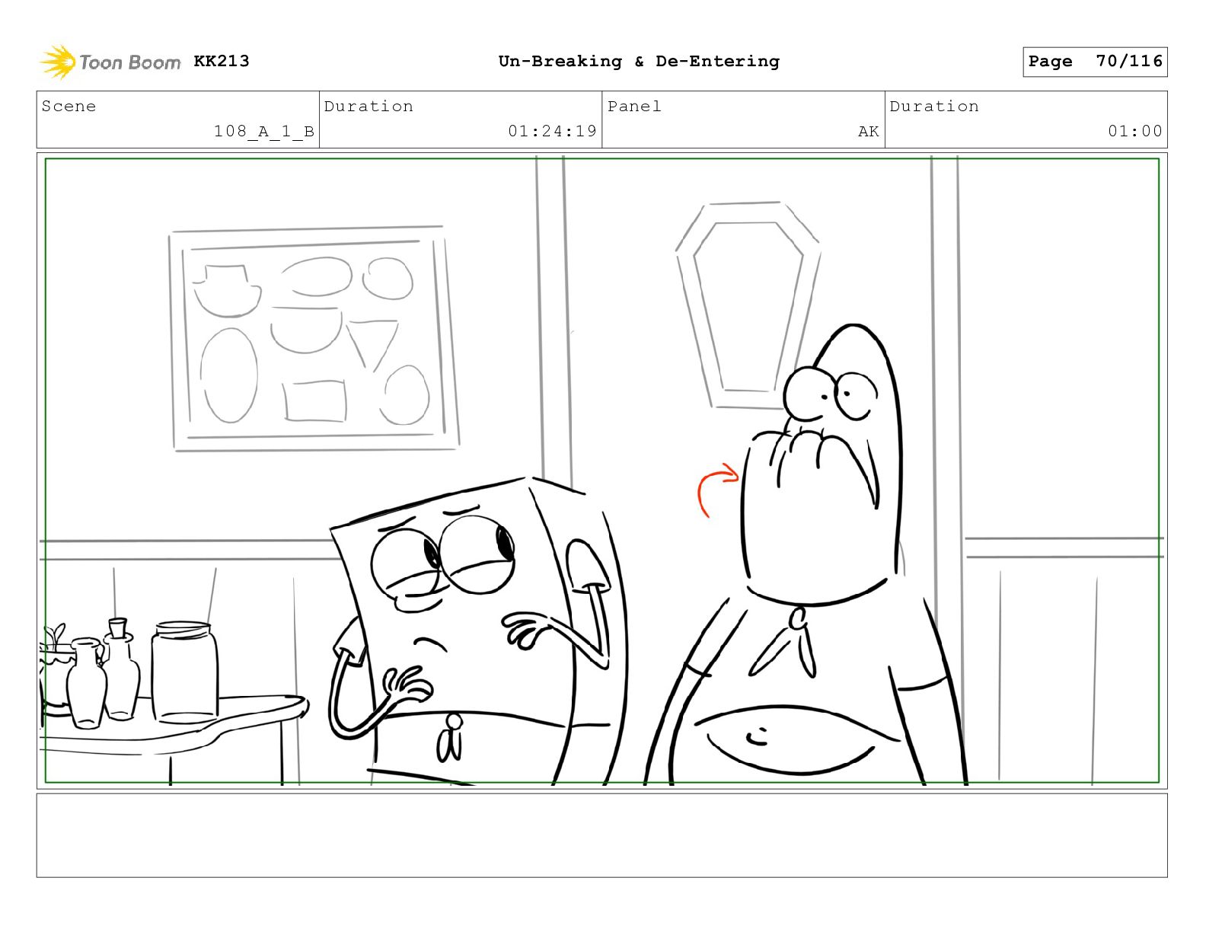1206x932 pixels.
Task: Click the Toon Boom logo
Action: (110, 62)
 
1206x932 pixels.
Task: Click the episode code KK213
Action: (222, 61)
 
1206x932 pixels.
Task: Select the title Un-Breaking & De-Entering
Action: (639, 61)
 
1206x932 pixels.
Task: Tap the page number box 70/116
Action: (1095, 62)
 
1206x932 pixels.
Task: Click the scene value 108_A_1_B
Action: (264, 132)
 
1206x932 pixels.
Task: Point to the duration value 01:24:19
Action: (552, 131)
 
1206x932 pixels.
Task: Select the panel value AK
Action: (869, 132)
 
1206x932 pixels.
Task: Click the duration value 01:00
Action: (1135, 131)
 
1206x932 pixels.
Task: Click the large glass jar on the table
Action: (184, 672)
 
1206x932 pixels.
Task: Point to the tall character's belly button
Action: (757, 737)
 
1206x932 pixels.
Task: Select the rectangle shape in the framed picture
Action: (314, 401)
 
